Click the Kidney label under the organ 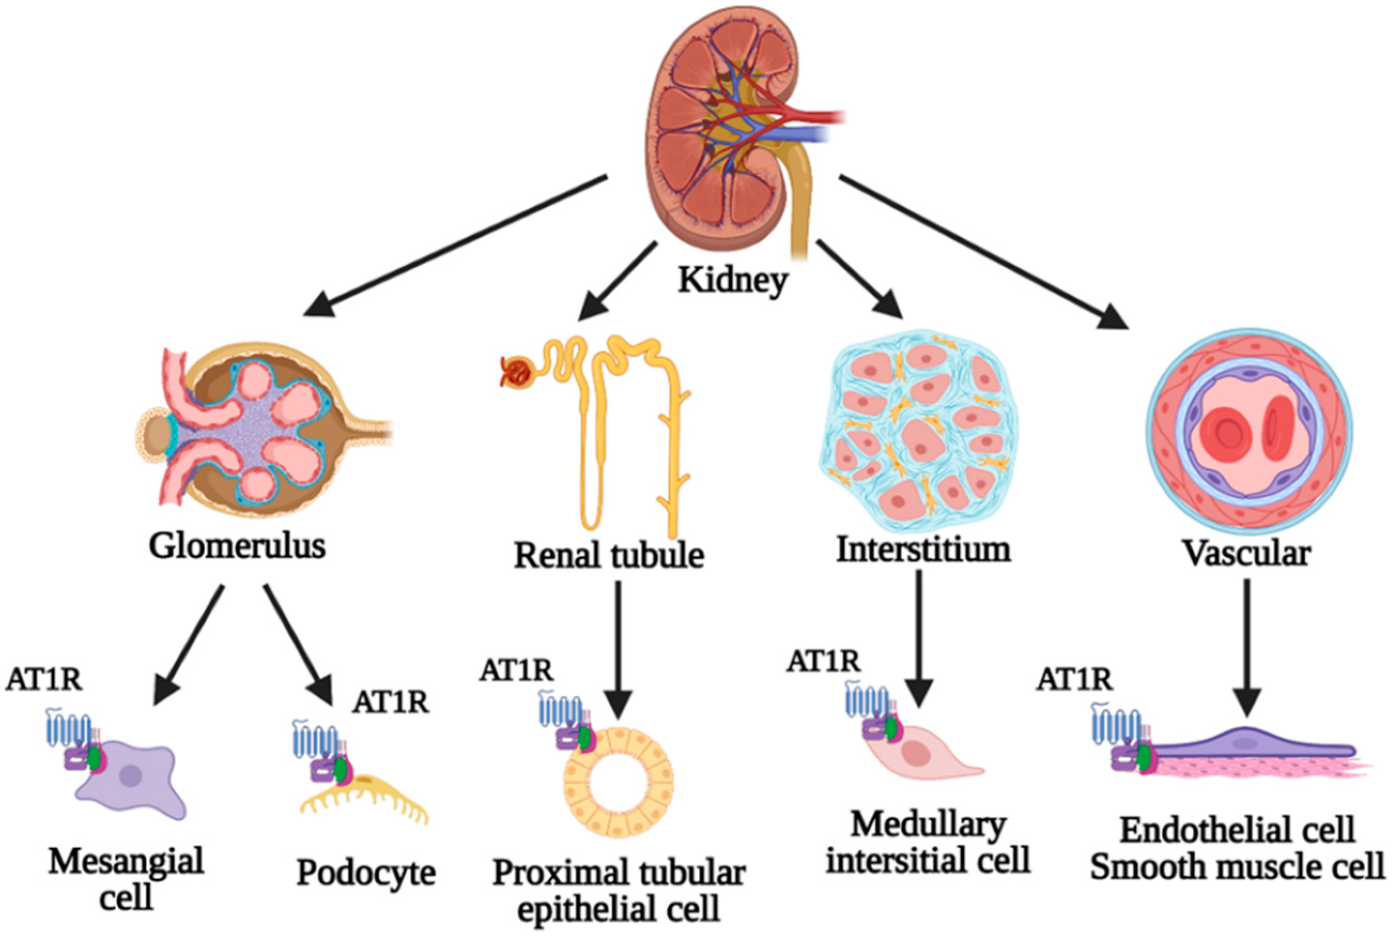[x=732, y=280]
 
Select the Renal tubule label [x=608, y=555]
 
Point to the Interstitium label [x=923, y=549]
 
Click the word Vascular [x=1247, y=552]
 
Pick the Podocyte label [x=366, y=873]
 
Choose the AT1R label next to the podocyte [x=391, y=701]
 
